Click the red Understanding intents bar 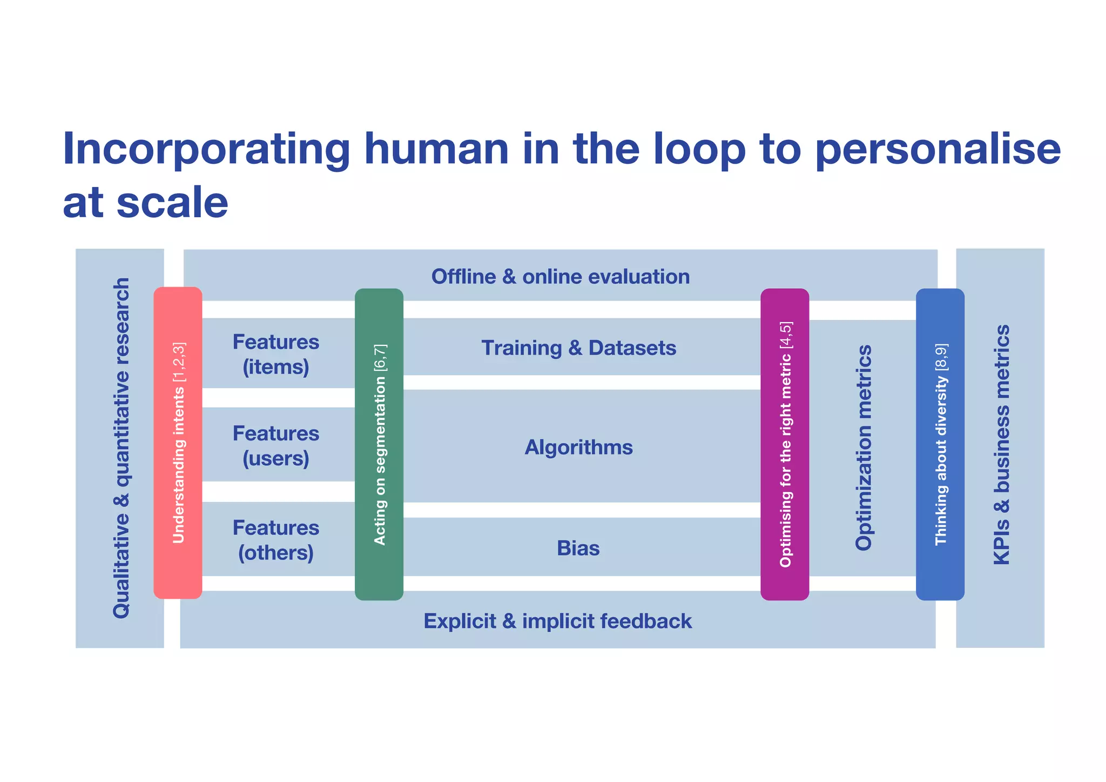(178, 443)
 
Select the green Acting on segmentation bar (379, 444)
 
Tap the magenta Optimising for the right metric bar (785, 444)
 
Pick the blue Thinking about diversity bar (940, 444)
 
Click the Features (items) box (276, 354)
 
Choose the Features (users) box (276, 445)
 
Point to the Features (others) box (276, 539)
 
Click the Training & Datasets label (578, 347)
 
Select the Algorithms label (578, 447)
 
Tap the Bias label (578, 548)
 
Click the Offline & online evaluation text (560, 276)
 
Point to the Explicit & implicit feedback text (557, 621)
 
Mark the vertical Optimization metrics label (864, 447)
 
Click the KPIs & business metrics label (1001, 444)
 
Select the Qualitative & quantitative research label (121, 447)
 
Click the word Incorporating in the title (207, 149)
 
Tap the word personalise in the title (938, 149)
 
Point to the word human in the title (436, 149)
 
